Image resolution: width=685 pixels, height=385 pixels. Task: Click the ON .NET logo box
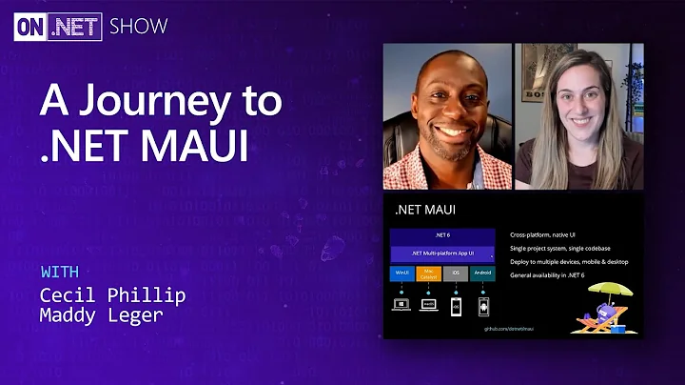click(57, 27)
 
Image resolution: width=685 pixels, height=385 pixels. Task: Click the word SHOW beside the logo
click(138, 27)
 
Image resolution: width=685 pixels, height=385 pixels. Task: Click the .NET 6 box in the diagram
click(442, 234)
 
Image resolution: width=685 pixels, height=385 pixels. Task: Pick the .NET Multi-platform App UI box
click(442, 253)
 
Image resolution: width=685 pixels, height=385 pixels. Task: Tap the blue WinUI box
click(401, 274)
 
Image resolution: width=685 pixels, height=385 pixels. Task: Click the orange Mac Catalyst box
click(429, 274)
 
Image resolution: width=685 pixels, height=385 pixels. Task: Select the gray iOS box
click(456, 274)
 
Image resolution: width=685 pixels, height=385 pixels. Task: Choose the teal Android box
click(482, 274)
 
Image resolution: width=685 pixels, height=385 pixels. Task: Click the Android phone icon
click(482, 307)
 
